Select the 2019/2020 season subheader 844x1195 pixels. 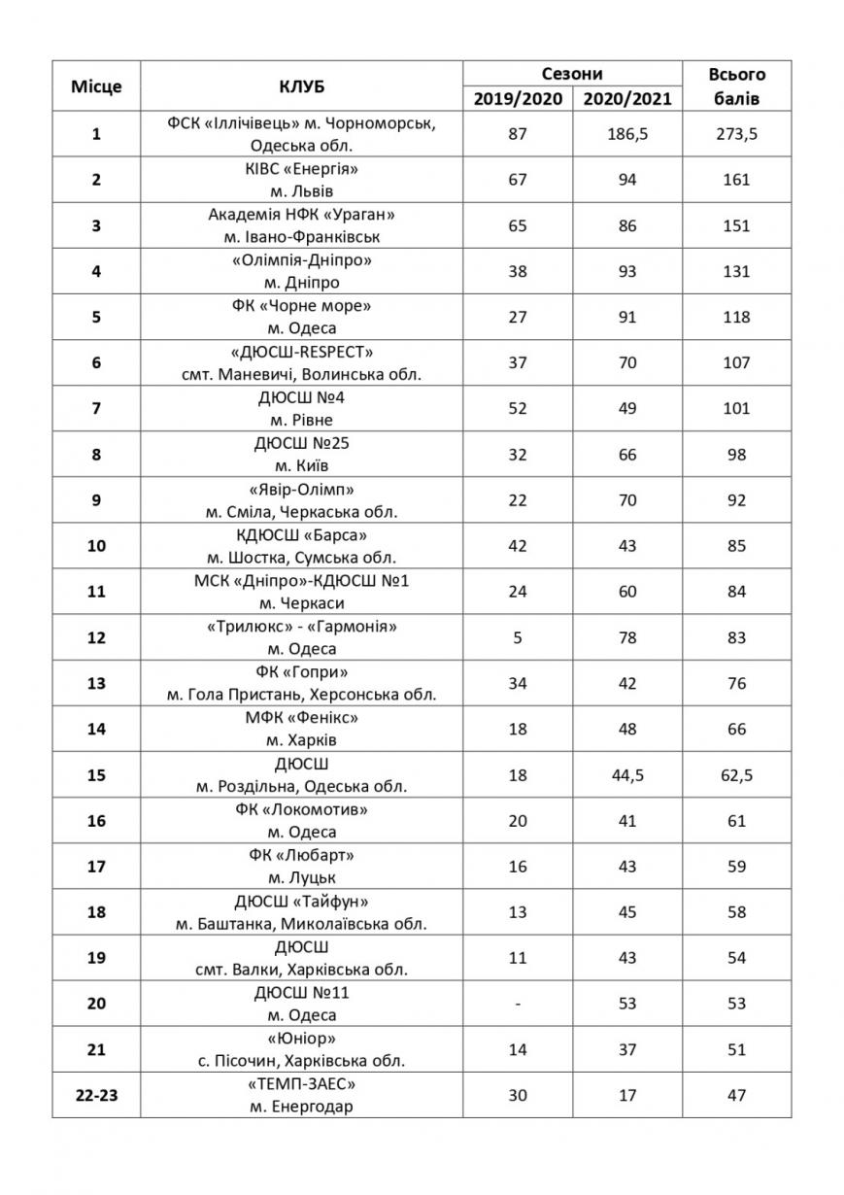pos(517,99)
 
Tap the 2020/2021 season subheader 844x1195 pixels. pos(627,99)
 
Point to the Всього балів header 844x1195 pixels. pos(737,85)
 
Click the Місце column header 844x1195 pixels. pos(96,85)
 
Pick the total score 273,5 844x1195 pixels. pos(737,134)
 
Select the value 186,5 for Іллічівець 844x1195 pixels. pos(627,134)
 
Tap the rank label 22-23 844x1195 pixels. pos(96,1095)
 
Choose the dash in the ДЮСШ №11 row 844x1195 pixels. pos(517,1004)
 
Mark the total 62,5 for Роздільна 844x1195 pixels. pos(737,775)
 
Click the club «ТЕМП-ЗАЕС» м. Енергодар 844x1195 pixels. pos(301,1095)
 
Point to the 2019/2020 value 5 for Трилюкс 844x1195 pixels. pos(517,638)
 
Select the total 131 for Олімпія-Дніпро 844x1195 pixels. pos(737,272)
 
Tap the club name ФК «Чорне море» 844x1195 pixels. pos(301,306)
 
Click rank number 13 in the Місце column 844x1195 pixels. pos(96,684)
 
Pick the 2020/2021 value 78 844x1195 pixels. pos(627,638)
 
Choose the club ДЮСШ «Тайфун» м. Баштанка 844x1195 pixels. pos(301,912)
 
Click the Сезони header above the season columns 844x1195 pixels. pos(572,73)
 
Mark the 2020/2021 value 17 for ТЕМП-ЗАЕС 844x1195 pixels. pos(627,1095)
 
